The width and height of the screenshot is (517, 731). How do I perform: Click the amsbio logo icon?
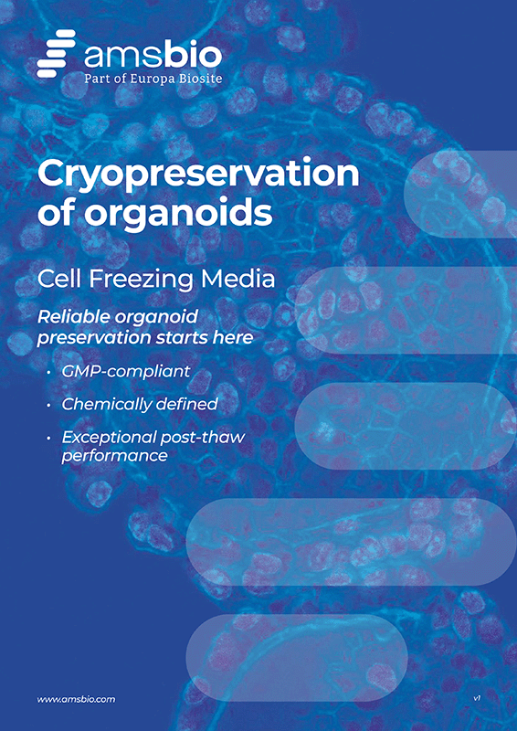[x=56, y=53]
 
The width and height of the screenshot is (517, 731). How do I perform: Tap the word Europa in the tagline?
[x=154, y=79]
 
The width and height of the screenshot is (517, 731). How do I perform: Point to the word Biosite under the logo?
[x=199, y=79]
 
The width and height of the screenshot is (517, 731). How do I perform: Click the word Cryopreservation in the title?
[x=198, y=175]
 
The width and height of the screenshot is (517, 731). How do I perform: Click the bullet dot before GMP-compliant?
[x=48, y=374]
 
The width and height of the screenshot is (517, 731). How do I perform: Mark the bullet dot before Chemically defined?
[x=48, y=404]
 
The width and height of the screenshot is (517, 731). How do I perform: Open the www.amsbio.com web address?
[x=76, y=698]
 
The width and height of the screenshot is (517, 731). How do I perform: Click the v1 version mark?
[x=477, y=698]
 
